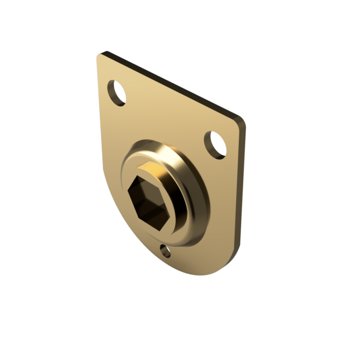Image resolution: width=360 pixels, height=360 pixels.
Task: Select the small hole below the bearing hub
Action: tap(165, 251)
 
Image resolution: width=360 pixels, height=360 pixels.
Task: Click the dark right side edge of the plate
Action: tap(242, 191)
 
